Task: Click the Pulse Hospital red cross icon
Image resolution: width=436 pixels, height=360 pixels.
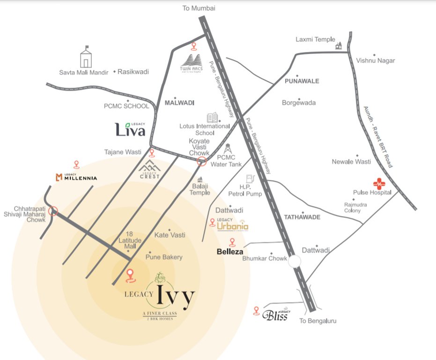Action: [x=377, y=183]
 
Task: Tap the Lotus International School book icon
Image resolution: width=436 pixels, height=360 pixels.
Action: [x=212, y=117]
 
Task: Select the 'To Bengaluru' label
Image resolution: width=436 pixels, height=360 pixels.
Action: [x=318, y=321]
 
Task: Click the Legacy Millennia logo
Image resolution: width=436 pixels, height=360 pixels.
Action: [x=76, y=177]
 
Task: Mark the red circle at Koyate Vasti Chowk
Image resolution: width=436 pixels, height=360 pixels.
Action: [x=202, y=162]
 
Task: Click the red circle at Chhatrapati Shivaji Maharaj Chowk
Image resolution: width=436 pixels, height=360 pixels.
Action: [x=53, y=211]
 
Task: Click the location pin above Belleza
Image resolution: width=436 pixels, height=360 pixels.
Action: [x=232, y=242]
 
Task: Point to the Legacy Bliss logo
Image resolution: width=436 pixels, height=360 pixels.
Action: [x=277, y=315]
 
